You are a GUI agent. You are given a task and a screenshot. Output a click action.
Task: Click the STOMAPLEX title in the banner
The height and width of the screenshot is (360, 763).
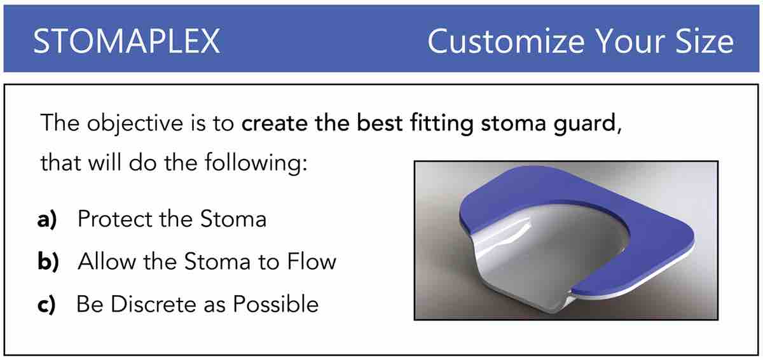(x=127, y=41)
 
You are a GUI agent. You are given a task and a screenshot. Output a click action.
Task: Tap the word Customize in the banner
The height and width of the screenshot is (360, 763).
(x=506, y=41)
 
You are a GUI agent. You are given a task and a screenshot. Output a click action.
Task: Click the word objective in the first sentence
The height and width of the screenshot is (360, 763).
(x=135, y=123)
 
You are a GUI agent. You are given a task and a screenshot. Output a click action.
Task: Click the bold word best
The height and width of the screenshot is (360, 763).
(x=380, y=123)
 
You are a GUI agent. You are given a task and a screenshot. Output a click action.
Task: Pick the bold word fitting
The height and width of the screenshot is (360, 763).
(x=442, y=123)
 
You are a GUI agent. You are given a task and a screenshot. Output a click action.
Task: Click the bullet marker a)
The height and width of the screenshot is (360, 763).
(x=47, y=219)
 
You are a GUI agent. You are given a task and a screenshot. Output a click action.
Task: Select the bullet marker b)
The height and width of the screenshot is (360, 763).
(x=48, y=261)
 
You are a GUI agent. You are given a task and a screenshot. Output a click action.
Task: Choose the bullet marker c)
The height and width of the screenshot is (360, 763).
(x=46, y=304)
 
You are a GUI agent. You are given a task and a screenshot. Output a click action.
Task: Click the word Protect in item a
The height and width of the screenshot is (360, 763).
(x=115, y=219)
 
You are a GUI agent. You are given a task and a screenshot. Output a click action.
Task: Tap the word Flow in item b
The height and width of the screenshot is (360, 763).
(x=312, y=261)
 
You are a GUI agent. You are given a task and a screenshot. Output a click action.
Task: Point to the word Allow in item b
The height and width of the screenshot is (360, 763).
(x=107, y=261)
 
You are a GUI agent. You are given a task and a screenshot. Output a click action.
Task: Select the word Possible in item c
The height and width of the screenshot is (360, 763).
(x=275, y=304)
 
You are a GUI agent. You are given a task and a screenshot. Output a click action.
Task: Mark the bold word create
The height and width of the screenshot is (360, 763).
(x=275, y=123)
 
